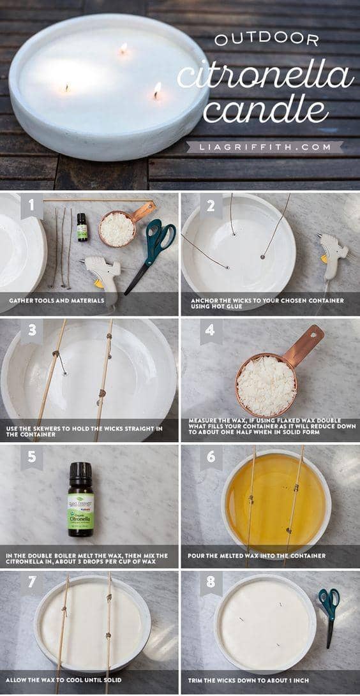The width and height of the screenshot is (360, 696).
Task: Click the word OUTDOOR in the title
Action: [x=266, y=40]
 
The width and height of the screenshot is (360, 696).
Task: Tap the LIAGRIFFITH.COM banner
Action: [x=265, y=147]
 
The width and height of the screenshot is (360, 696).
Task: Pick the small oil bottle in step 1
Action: [x=82, y=227]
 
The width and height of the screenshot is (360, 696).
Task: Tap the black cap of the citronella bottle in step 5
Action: [x=81, y=473]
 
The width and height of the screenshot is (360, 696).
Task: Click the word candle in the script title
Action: [x=266, y=108]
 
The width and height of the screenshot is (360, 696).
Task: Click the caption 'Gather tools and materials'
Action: [x=56, y=300]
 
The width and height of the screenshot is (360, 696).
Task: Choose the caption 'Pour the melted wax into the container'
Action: [x=257, y=556]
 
